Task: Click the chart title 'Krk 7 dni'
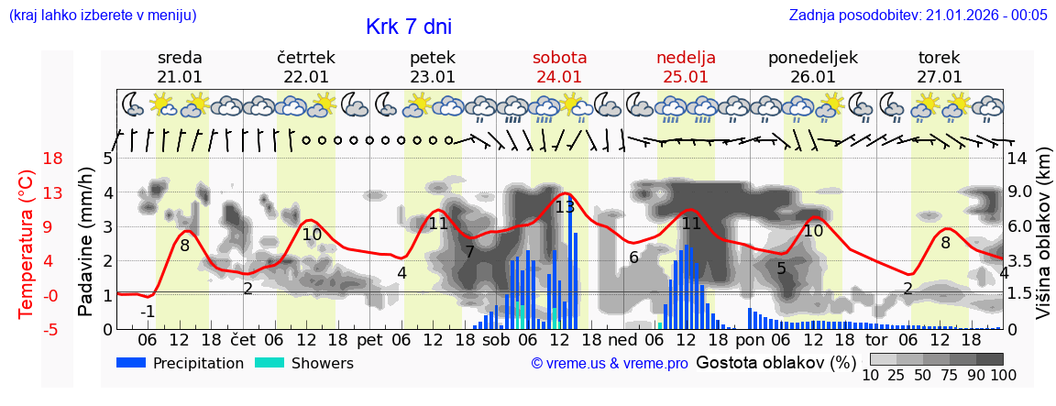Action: click(x=408, y=27)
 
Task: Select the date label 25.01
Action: click(x=686, y=77)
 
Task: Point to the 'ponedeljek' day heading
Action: click(x=812, y=58)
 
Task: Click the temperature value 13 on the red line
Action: click(x=565, y=207)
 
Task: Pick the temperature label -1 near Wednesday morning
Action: click(x=148, y=312)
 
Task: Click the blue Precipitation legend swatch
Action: click(x=132, y=363)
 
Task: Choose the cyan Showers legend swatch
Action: click(x=269, y=363)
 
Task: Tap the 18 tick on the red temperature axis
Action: click(x=53, y=159)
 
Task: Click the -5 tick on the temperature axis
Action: click(x=53, y=329)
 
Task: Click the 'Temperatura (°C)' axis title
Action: click(x=27, y=243)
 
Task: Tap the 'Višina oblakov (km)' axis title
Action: click(x=1043, y=242)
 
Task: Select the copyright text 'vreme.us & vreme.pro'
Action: click(x=610, y=363)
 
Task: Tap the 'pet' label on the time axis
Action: click(x=369, y=341)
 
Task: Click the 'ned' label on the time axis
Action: click(x=622, y=341)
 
